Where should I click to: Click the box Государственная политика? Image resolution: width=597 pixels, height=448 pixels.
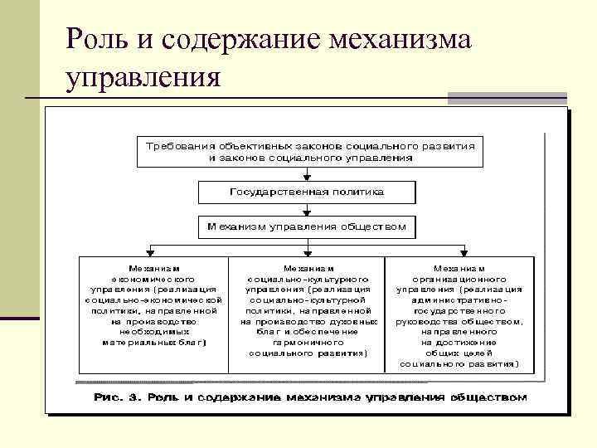pos(307,192)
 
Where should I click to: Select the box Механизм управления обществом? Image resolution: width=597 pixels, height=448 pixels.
pos(307,226)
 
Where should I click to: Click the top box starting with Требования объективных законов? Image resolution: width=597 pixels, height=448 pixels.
pos(307,151)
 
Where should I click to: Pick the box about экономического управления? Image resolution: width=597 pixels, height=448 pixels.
pos(153,315)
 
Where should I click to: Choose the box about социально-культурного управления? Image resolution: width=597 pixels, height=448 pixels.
pos(308,315)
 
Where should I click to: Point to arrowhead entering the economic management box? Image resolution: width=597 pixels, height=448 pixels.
pos(150,252)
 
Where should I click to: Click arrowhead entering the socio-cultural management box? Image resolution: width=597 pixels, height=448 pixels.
pos(307,252)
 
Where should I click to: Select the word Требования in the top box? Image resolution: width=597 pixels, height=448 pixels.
pos(174,145)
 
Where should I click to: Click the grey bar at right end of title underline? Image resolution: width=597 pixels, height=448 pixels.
pos(507,99)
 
